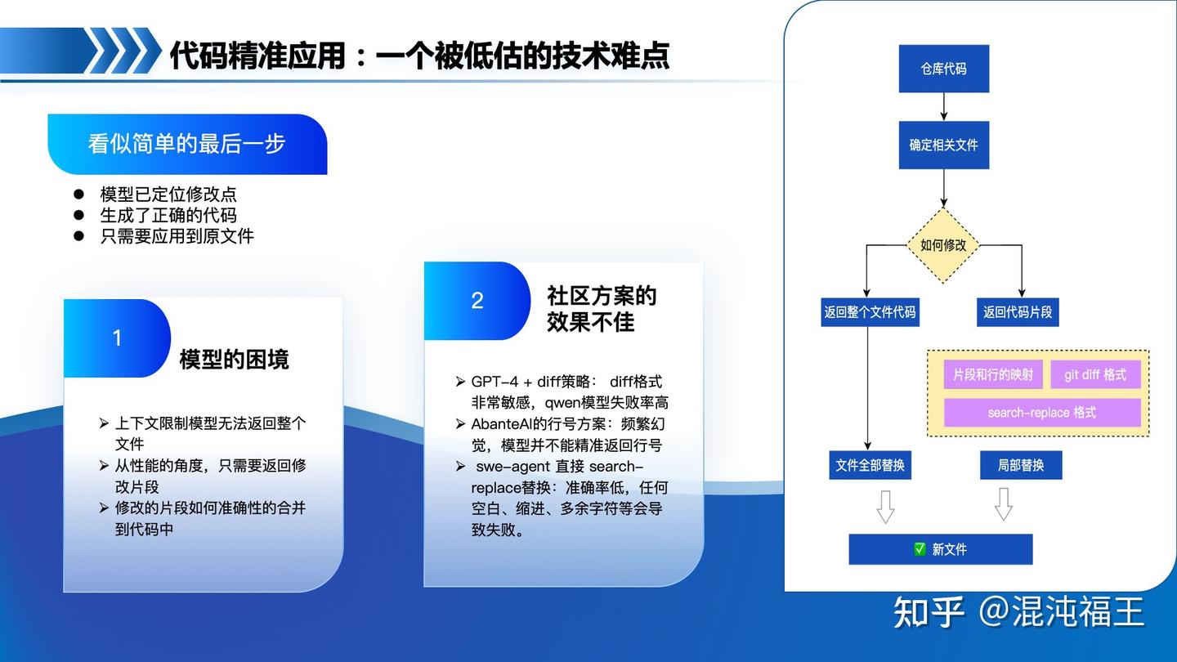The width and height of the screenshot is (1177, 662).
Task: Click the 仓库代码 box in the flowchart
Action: (944, 69)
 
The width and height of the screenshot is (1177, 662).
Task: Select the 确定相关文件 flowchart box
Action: (944, 145)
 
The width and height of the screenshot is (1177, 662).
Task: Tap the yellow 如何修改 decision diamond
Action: (944, 245)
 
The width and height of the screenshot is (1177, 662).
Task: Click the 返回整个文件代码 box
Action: (870, 312)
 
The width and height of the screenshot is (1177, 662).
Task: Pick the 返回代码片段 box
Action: (1018, 312)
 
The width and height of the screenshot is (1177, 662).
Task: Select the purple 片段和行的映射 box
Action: (993, 374)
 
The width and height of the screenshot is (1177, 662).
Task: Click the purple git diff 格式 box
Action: (1095, 374)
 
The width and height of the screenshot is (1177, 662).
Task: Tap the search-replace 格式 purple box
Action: (1042, 413)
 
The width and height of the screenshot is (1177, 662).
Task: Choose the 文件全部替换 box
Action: (870, 465)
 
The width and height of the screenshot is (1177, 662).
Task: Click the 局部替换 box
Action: (1021, 465)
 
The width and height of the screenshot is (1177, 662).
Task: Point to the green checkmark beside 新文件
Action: (920, 549)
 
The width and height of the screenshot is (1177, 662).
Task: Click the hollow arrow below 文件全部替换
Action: (885, 507)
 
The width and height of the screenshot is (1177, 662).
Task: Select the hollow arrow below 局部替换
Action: (1004, 504)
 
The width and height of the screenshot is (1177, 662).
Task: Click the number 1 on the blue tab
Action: (117, 338)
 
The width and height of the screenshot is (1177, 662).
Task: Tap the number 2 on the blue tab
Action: (477, 301)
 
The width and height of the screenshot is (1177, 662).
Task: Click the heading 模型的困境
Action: (235, 360)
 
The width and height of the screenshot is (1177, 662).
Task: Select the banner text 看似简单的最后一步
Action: (186, 144)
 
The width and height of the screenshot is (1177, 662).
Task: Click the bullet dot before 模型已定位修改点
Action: (78, 195)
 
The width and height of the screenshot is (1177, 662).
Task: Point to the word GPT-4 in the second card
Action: (495, 382)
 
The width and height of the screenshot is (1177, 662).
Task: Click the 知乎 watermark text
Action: (929, 611)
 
